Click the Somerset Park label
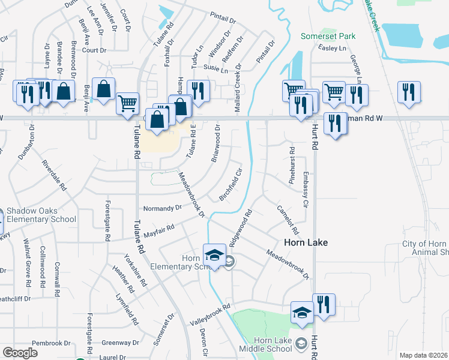[328, 37]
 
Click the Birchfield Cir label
[231, 184]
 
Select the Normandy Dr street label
[162, 208]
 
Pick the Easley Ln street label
[334, 48]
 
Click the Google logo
[20, 353]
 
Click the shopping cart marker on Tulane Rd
[127, 104]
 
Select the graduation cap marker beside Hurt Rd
[302, 313]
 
